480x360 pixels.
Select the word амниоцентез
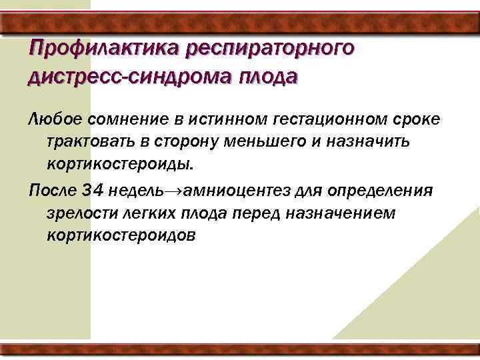point(230,191)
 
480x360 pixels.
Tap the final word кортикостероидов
point(121,236)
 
